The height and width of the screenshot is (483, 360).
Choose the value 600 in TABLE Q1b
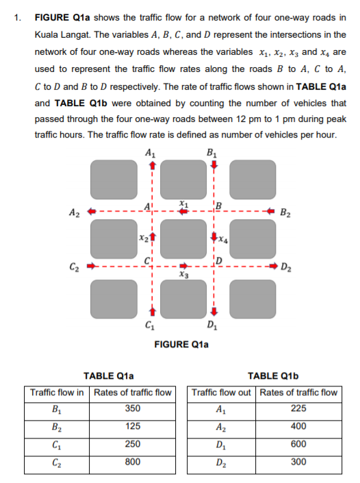pyautogui.click(x=297, y=444)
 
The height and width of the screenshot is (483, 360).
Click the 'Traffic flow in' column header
pyautogui.click(x=57, y=392)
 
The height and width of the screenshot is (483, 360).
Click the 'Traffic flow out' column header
pyautogui.click(x=222, y=392)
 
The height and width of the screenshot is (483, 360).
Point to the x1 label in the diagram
pyautogui.click(x=181, y=203)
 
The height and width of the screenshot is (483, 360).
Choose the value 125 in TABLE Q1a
pyautogui.click(x=133, y=425)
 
